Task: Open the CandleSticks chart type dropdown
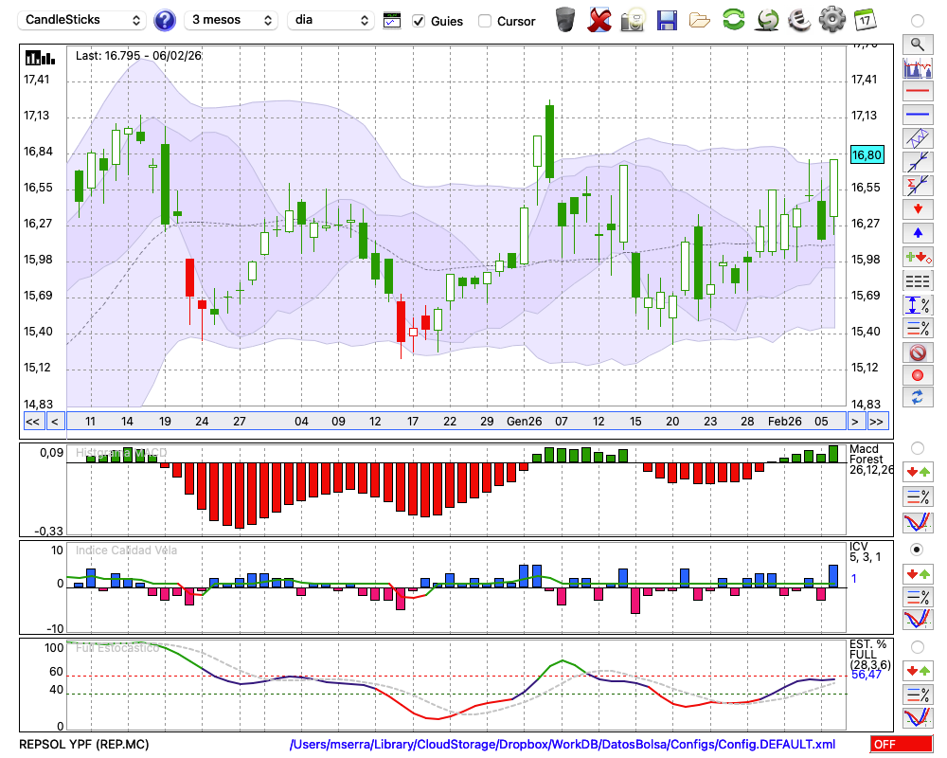(x=83, y=20)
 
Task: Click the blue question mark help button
(x=165, y=20)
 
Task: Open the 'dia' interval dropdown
(x=331, y=20)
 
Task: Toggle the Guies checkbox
(x=420, y=21)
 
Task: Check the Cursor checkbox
(x=485, y=21)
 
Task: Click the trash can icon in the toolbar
(x=565, y=19)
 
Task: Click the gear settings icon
(x=831, y=19)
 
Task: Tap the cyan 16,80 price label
(x=867, y=155)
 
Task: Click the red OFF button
(x=899, y=745)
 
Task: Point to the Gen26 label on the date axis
(x=524, y=421)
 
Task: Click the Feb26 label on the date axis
(x=784, y=421)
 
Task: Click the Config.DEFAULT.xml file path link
(x=563, y=745)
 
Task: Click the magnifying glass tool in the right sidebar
(x=917, y=44)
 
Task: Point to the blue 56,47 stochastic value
(x=866, y=675)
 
